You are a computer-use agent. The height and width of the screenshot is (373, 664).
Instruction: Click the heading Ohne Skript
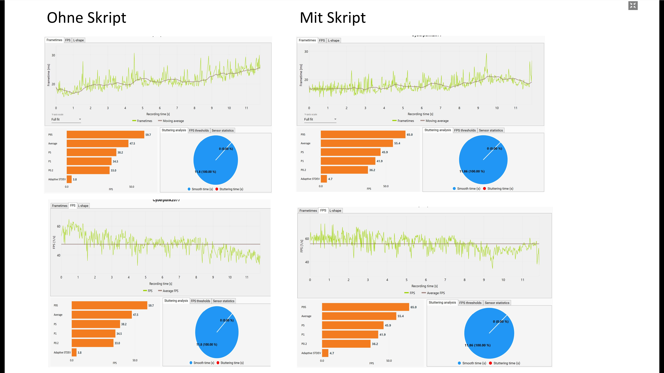(86, 18)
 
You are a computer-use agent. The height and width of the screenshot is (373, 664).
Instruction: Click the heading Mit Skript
(333, 18)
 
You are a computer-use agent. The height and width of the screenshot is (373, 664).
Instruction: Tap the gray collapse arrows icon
(633, 5)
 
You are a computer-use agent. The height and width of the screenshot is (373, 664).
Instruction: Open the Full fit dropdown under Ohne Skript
(66, 119)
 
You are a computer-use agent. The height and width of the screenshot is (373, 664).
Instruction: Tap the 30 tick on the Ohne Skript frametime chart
(53, 55)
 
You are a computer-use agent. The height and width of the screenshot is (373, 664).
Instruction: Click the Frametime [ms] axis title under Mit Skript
(301, 75)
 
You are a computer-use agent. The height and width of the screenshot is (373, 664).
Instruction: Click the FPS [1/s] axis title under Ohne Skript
(54, 242)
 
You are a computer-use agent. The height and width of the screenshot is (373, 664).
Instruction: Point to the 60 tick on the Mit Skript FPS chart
(307, 239)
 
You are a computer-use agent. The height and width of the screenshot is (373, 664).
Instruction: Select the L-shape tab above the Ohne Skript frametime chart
(78, 40)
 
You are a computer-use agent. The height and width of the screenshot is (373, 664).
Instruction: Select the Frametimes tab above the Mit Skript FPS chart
(308, 211)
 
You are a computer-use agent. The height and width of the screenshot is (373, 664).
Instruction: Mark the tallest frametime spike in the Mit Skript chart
(486, 54)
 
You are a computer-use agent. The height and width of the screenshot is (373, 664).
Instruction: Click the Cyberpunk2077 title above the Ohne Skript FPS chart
(166, 200)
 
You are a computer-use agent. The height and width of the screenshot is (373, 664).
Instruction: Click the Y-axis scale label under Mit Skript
(311, 114)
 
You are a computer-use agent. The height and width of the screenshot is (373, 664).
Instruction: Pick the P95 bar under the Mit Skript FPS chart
(365, 307)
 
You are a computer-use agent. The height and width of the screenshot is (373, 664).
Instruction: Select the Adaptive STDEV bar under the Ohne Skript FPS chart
(74, 352)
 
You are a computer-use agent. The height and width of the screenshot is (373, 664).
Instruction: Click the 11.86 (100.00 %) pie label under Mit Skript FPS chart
(477, 345)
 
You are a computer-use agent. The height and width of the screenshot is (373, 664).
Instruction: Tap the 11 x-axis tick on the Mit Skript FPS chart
(522, 280)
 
